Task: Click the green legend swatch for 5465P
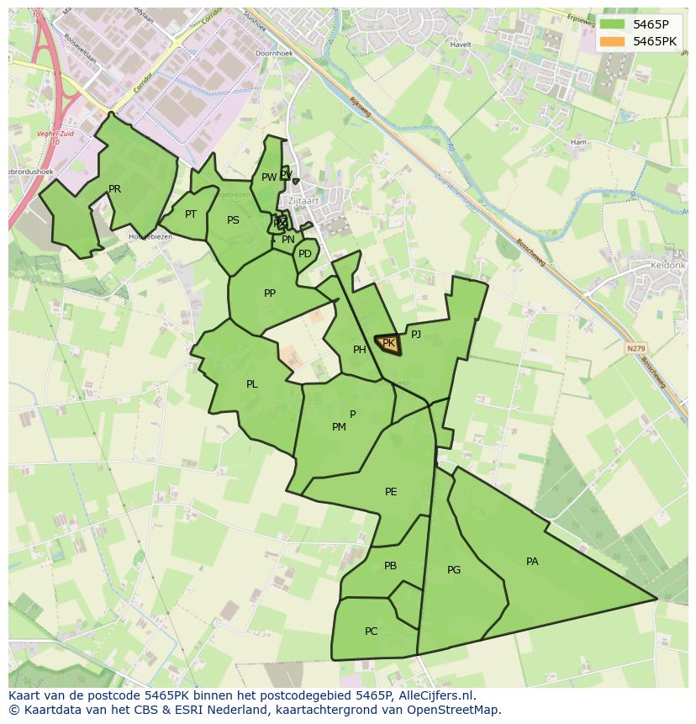(613, 24)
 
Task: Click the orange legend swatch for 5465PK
(613, 41)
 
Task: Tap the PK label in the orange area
(388, 343)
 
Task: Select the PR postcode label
(114, 189)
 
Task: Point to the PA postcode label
(532, 562)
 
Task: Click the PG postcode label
(454, 570)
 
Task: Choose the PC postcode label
(371, 632)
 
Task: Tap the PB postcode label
(390, 566)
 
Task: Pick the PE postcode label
(391, 492)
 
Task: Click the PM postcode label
(339, 427)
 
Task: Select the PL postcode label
(251, 384)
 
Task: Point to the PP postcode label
(270, 293)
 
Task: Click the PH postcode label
(360, 350)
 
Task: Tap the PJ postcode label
(416, 334)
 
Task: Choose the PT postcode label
(191, 214)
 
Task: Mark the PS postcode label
(233, 220)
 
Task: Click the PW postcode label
(268, 177)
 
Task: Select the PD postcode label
(305, 253)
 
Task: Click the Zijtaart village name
(303, 201)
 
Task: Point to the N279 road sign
(637, 347)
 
